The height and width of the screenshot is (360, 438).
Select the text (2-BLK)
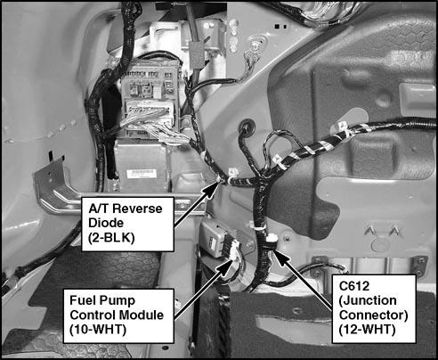point(111,238)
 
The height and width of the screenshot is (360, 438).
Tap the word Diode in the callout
point(106,223)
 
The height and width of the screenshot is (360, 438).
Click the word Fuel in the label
point(80,300)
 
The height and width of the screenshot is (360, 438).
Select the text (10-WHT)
point(98,330)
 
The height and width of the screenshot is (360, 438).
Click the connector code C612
point(354,286)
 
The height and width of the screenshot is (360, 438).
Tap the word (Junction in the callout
point(368,300)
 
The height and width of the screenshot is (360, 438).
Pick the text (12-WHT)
point(368,330)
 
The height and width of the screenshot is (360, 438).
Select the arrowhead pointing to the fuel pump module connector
point(224,267)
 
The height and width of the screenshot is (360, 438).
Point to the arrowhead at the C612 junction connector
point(281,258)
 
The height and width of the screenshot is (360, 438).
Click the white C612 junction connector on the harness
point(272,238)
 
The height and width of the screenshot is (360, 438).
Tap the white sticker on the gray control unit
point(142,174)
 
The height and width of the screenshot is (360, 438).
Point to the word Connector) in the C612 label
point(373,315)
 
